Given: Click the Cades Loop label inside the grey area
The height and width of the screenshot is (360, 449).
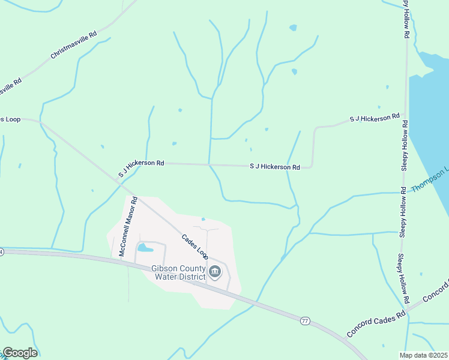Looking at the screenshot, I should coord(195,246).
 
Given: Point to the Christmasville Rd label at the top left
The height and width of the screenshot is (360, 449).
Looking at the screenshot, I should coord(73,45).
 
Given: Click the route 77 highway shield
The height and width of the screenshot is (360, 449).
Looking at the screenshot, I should coord(305,321).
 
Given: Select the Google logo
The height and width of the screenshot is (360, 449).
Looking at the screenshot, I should coord(20,353).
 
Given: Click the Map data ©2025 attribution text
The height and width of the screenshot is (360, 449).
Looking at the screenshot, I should coord(424,355).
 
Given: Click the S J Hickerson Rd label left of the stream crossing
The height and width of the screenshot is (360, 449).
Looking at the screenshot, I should coord(141,169).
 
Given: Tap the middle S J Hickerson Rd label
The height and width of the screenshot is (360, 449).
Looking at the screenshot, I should coord(274,167).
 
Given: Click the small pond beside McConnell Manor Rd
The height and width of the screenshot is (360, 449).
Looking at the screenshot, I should coord(145,247).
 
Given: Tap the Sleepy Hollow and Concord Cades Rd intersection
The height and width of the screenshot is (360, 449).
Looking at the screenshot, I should coord(408,311).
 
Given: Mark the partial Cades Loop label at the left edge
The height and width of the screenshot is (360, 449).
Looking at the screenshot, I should coord(10,119).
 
